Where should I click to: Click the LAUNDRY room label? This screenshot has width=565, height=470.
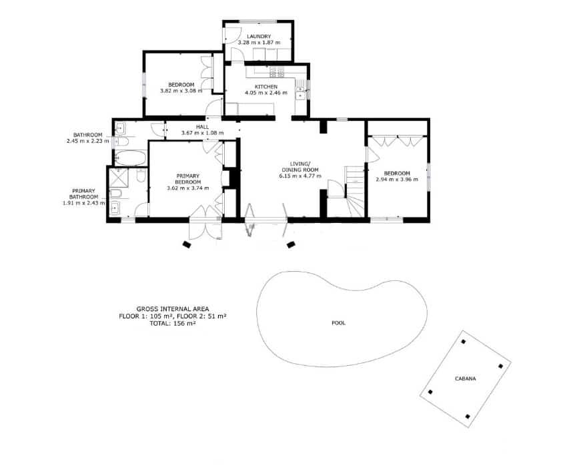tap(259, 36)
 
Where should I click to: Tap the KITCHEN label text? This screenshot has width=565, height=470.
tap(265, 87)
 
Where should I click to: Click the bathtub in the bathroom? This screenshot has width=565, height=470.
tap(129, 158)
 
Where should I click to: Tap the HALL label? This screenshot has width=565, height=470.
tap(202, 127)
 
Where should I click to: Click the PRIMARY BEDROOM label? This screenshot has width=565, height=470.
tap(187, 178)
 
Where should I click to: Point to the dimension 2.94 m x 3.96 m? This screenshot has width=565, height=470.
tap(397, 179)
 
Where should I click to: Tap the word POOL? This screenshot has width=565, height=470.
tap(339, 322)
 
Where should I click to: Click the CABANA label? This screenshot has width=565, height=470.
tap(466, 379)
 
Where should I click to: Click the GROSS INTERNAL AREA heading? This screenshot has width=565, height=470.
tap(173, 309)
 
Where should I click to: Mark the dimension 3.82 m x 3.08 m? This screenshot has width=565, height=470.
tap(181, 91)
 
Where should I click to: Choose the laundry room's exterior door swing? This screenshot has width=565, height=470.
tap(232, 37)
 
